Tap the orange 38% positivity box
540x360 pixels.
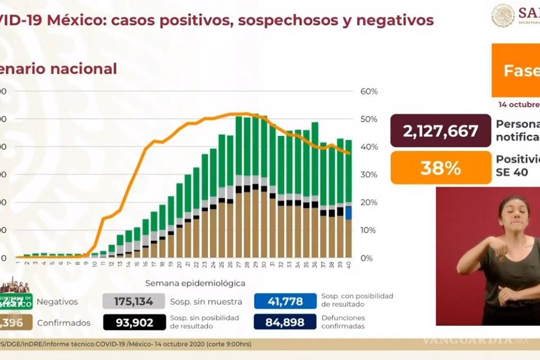click(x=441, y=168)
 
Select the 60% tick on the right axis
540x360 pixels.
click(x=369, y=92)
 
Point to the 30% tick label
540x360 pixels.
click(x=369, y=175)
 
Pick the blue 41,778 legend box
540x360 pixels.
click(x=285, y=301)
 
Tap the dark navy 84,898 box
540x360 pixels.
click(x=285, y=323)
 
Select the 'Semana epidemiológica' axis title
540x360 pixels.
click(x=195, y=283)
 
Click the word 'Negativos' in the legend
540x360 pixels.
click(x=58, y=301)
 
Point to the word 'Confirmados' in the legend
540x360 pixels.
click(x=63, y=323)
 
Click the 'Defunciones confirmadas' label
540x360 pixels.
click(x=343, y=322)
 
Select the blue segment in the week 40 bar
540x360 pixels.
click(x=349, y=212)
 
